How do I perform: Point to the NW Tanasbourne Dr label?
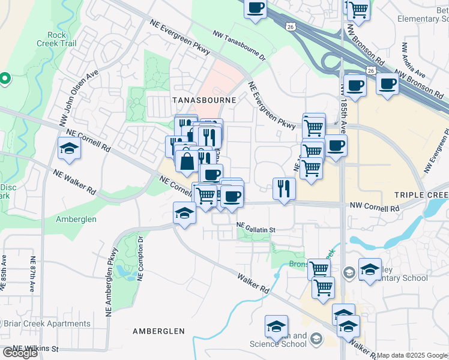(238, 47)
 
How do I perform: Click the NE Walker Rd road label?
(74, 182)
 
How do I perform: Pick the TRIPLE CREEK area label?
(421, 196)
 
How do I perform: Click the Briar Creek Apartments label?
(47, 323)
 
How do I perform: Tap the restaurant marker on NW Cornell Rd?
(283, 189)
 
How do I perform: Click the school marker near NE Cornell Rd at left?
(69, 148)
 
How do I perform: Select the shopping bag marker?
(187, 161)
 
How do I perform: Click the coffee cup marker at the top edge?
(256, 8)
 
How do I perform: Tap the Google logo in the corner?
(19, 353)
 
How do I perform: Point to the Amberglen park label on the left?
(76, 219)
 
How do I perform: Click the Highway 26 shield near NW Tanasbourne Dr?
(291, 27)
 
